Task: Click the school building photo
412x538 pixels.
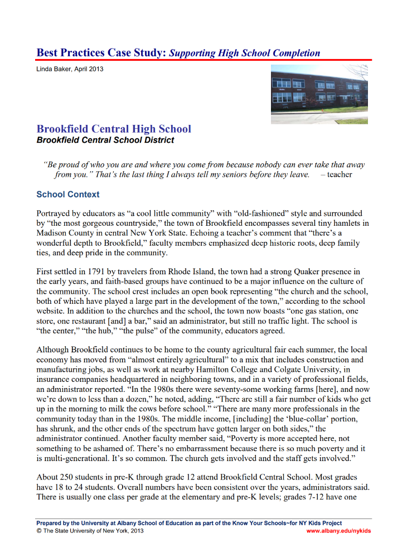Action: click(319, 94)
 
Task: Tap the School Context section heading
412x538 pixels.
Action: click(68, 195)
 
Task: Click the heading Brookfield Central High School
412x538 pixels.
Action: click(114, 129)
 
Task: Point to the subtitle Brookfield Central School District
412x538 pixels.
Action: click(105, 140)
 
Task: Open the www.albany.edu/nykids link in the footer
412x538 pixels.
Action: click(338, 531)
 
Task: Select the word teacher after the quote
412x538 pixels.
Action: click(340, 175)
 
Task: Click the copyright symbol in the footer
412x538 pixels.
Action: click(39, 531)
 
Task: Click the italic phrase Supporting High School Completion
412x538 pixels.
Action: click(245, 54)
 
